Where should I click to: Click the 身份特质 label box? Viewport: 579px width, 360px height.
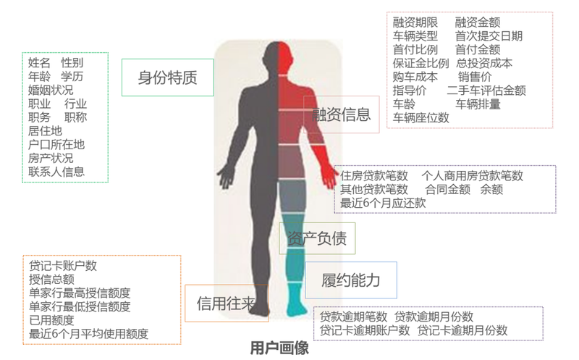168,78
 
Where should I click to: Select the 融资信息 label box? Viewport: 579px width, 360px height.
341,114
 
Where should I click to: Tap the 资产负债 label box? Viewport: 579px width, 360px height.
317,238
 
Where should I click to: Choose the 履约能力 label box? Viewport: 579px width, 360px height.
351,280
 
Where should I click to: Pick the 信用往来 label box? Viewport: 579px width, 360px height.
227,304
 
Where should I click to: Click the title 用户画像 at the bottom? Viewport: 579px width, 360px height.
279,348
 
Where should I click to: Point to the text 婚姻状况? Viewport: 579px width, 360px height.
51,91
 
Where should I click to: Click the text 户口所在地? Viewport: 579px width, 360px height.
56,145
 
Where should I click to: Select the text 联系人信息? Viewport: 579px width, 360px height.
56,172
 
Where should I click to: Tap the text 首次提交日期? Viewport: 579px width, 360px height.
489,36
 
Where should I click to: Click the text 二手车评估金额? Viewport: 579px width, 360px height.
486,91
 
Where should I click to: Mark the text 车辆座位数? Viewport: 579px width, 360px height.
421,118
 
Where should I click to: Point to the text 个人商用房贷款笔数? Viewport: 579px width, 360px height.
473,176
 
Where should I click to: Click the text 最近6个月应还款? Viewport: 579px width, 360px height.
383,204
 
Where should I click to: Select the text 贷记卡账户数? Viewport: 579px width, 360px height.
63,266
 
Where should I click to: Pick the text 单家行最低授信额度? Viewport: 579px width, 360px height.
80,307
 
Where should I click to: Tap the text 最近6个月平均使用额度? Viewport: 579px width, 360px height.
88,334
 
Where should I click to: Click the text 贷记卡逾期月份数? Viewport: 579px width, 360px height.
462,330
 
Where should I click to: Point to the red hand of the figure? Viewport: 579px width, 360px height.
328,177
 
